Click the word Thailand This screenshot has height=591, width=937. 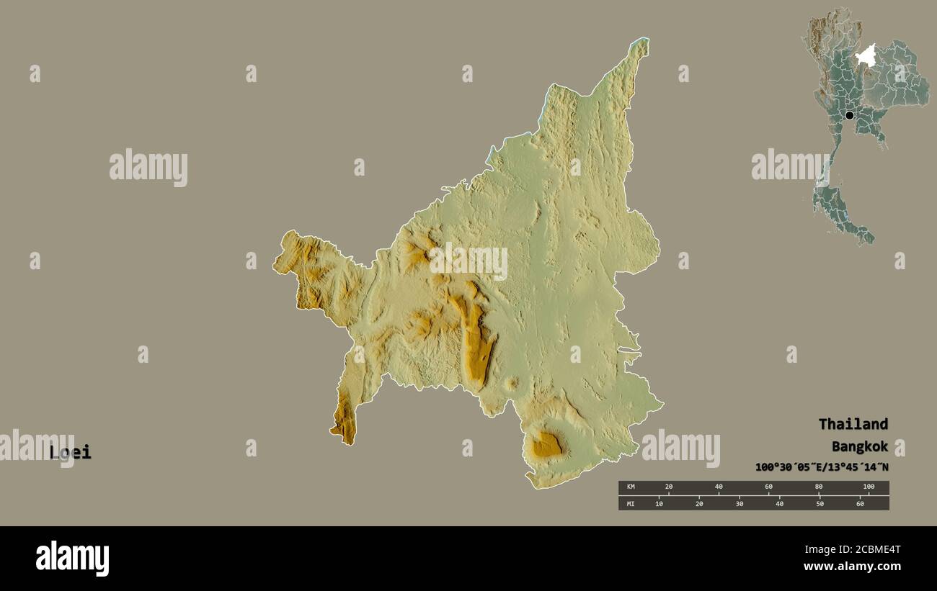click(x=853, y=424)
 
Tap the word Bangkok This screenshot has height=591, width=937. click(x=859, y=446)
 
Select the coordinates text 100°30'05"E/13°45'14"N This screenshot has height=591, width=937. click(x=822, y=467)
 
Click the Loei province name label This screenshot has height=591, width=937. click(x=71, y=453)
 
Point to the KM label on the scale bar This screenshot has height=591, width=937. click(x=631, y=487)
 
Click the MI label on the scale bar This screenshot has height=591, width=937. click(x=631, y=503)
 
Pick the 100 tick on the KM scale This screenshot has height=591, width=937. click(x=869, y=487)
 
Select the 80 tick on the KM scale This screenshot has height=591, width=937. click(x=819, y=487)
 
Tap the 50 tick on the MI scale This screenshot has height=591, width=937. click(x=820, y=503)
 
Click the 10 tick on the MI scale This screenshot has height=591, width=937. click(x=659, y=503)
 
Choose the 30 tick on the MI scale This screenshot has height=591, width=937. click(x=740, y=503)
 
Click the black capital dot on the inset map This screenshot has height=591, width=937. click(x=849, y=115)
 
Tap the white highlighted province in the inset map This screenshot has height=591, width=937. click(x=866, y=55)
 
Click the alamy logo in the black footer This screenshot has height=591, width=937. click(x=72, y=559)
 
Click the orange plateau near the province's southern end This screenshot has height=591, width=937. click(x=546, y=446)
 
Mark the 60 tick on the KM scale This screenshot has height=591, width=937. click(x=768, y=487)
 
